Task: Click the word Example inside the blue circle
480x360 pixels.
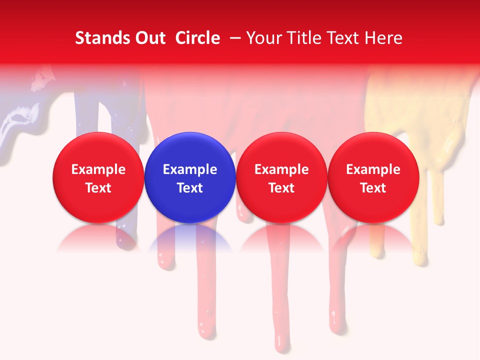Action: [x=190, y=169]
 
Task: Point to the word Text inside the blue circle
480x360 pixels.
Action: [x=190, y=188]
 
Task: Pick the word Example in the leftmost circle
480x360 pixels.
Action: [x=98, y=169]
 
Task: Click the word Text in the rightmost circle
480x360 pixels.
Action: [x=373, y=188]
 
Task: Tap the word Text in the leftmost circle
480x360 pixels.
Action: [x=98, y=188]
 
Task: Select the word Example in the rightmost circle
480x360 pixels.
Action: [x=373, y=169]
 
